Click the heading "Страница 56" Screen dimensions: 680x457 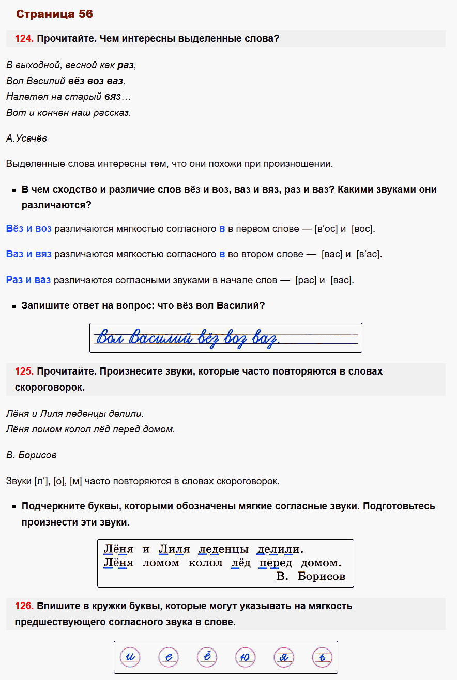[x=54, y=14]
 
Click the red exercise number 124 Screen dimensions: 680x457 [x=24, y=39]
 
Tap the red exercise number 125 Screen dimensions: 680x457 [x=24, y=372]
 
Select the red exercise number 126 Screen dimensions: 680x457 [x=24, y=606]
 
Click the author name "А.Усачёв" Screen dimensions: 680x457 [x=27, y=138]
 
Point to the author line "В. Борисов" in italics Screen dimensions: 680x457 [x=32, y=455]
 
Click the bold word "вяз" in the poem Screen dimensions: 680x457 [x=112, y=97]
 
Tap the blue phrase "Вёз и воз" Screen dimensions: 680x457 [x=29, y=229]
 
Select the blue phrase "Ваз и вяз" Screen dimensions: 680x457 [x=29, y=254]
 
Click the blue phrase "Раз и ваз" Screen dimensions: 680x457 [x=28, y=280]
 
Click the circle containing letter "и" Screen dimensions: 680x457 [x=129, y=658]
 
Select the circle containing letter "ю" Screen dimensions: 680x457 [x=245, y=658]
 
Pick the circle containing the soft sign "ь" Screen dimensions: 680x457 [x=322, y=658]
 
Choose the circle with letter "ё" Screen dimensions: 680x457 [x=207, y=658]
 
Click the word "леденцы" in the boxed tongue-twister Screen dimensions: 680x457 [x=223, y=549]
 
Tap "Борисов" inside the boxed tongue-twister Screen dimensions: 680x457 [x=322, y=576]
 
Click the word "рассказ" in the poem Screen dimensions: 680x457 [x=112, y=112]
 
